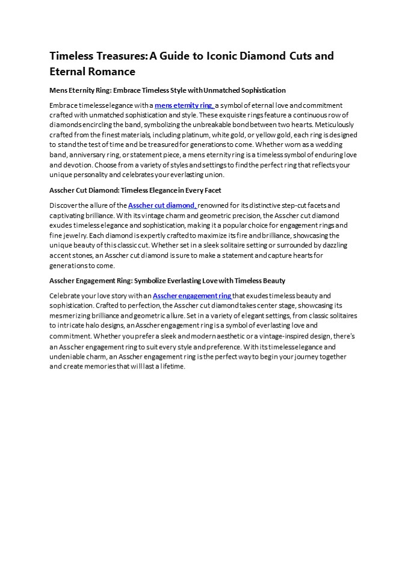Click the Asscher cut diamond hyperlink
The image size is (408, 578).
point(162,205)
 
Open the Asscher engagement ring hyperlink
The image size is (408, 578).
point(192,296)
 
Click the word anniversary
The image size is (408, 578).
point(87,155)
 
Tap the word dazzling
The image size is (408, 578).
point(330,245)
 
